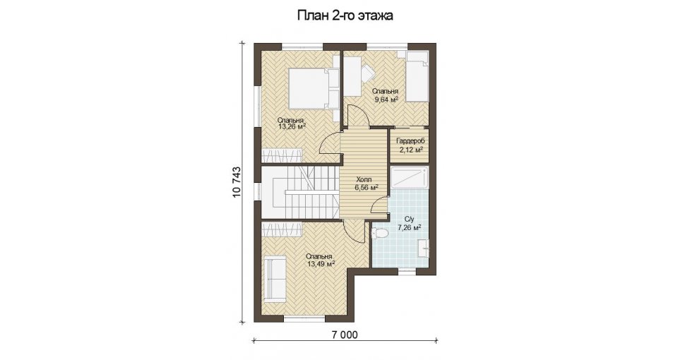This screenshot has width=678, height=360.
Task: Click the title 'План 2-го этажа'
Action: pyautogui.click(x=345, y=16)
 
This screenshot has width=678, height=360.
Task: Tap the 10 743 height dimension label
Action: pyautogui.click(x=237, y=182)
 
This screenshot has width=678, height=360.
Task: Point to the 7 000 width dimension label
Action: pyautogui.click(x=344, y=335)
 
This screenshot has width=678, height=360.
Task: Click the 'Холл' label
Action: pyautogui.click(x=364, y=180)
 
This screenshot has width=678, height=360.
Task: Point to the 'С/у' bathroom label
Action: pyautogui.click(x=410, y=218)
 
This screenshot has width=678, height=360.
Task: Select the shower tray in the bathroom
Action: pyautogui.click(x=410, y=179)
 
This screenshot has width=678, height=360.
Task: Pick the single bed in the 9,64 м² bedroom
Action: pyautogui.click(x=417, y=76)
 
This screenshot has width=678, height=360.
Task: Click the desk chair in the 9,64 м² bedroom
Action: pyautogui.click(x=367, y=73)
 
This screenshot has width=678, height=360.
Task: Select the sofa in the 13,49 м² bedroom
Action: pyautogui.click(x=274, y=280)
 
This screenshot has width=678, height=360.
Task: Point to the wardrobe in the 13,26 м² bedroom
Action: pyautogui.click(x=282, y=155)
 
